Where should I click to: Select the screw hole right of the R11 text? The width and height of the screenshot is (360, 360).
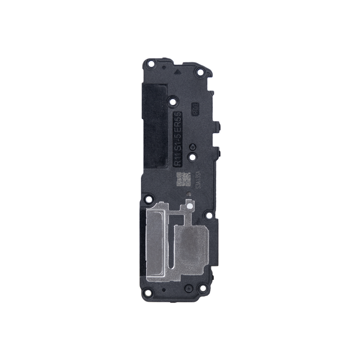tap(192, 156)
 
